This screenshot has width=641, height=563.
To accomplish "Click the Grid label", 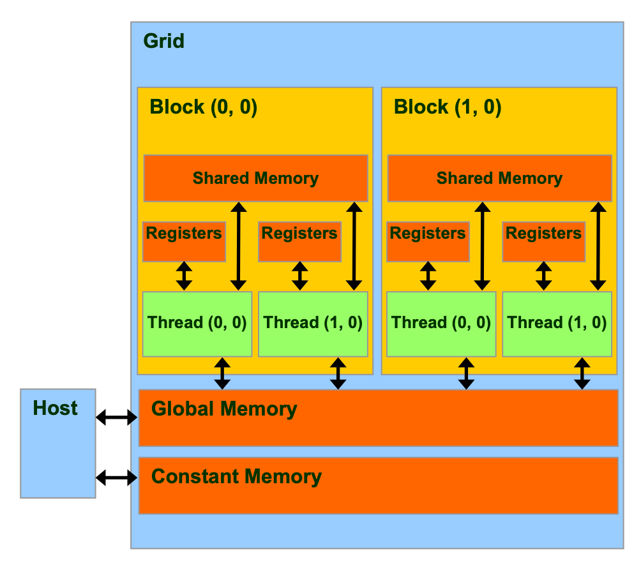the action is click(x=163, y=41).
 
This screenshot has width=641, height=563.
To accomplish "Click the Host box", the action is click(x=58, y=443).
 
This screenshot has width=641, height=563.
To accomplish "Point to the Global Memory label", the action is click(x=224, y=409).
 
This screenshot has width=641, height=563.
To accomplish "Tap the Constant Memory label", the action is click(x=236, y=477).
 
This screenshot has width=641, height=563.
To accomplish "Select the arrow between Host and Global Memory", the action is click(x=117, y=417).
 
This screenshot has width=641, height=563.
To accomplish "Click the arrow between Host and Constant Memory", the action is click(x=117, y=477).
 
